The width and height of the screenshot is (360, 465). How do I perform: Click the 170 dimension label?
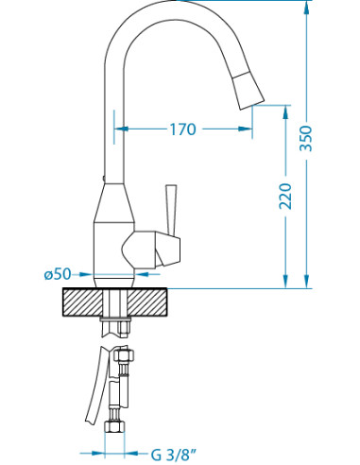click(x=183, y=129)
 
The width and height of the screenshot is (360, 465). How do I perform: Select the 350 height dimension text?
click(x=306, y=139)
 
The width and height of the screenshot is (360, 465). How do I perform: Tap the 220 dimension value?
click(x=285, y=196)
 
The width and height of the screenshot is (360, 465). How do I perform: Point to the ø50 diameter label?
click(x=58, y=274)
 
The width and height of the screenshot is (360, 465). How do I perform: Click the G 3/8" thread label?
click(x=174, y=455)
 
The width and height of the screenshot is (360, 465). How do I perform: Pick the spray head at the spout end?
click(x=248, y=91)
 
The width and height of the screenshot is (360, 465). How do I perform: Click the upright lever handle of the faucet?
click(x=172, y=210)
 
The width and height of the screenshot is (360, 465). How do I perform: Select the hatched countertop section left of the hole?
click(x=83, y=302)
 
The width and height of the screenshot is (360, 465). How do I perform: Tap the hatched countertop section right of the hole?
click(x=147, y=302)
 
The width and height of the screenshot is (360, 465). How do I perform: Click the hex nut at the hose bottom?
click(x=114, y=426)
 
